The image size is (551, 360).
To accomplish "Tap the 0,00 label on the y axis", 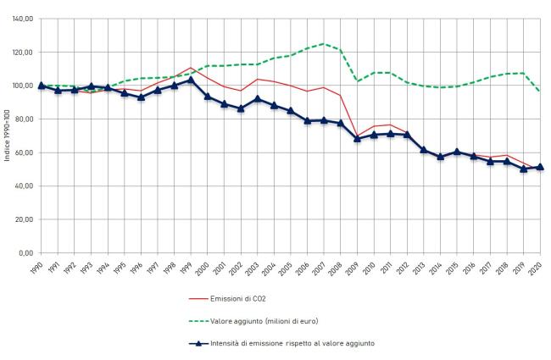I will [x=26, y=253].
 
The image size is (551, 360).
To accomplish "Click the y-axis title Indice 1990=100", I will [x=7, y=136].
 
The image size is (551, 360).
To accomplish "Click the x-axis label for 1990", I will [x=37, y=265].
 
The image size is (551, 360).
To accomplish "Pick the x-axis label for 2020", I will [x=537, y=265].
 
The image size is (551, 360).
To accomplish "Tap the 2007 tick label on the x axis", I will [x=320, y=265].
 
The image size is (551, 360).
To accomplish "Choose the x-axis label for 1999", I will [x=187, y=265].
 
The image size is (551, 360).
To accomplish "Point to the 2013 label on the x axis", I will [x=420, y=265].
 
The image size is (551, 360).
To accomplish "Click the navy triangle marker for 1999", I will [x=191, y=80].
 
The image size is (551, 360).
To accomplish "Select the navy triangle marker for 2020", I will [x=540, y=167].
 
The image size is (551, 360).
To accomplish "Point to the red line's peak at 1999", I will [x=191, y=68].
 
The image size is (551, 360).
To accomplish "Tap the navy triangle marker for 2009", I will [x=357, y=138].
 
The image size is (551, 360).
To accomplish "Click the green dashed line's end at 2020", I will [x=540, y=91].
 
